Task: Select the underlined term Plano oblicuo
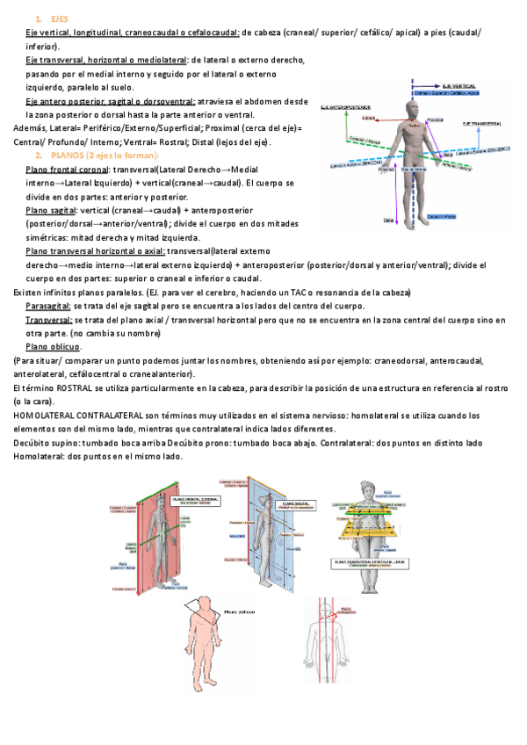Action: tap(54, 347)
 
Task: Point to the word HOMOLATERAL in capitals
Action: tap(43, 415)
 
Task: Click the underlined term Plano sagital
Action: tap(50, 210)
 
